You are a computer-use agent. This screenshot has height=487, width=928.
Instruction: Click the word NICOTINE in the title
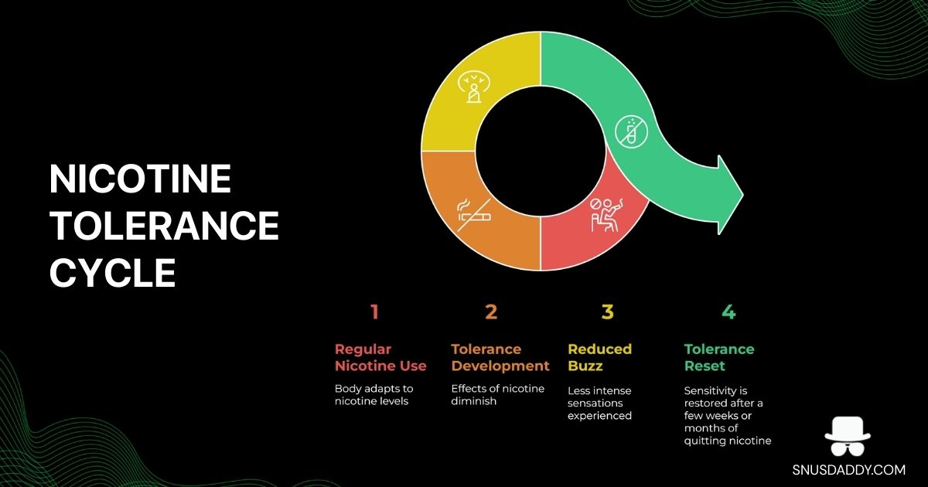point(140,179)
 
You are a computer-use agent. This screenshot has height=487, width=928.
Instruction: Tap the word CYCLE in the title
point(113,272)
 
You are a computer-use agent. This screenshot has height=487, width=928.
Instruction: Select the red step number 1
point(374,312)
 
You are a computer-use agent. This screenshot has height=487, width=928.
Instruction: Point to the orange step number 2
point(491,312)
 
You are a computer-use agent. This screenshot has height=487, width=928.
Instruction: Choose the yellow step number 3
point(607,312)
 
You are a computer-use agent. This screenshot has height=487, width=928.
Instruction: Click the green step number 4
point(728,312)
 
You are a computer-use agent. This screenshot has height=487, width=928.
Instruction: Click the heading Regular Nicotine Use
point(380,357)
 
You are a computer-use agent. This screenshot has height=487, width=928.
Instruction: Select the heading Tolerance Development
point(500,357)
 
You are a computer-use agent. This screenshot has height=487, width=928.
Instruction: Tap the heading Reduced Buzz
point(599,357)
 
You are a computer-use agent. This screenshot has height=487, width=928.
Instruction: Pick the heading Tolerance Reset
point(718,357)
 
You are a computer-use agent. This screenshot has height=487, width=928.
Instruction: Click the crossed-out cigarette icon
point(474,215)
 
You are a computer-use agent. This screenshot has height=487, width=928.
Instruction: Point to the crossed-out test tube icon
point(631,131)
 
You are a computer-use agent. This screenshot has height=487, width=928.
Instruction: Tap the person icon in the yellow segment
point(474,87)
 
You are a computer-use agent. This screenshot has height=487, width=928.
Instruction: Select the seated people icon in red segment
point(606,215)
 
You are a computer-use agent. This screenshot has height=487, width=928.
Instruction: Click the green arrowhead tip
point(743,194)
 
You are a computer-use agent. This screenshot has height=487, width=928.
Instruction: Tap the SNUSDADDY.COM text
point(849,470)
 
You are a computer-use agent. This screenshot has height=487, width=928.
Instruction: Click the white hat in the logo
point(848,429)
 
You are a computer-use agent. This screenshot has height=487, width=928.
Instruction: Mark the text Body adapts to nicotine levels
point(374,395)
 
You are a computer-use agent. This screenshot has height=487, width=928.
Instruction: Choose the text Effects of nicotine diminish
point(497,395)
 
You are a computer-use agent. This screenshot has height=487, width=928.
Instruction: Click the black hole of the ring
point(541,151)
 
